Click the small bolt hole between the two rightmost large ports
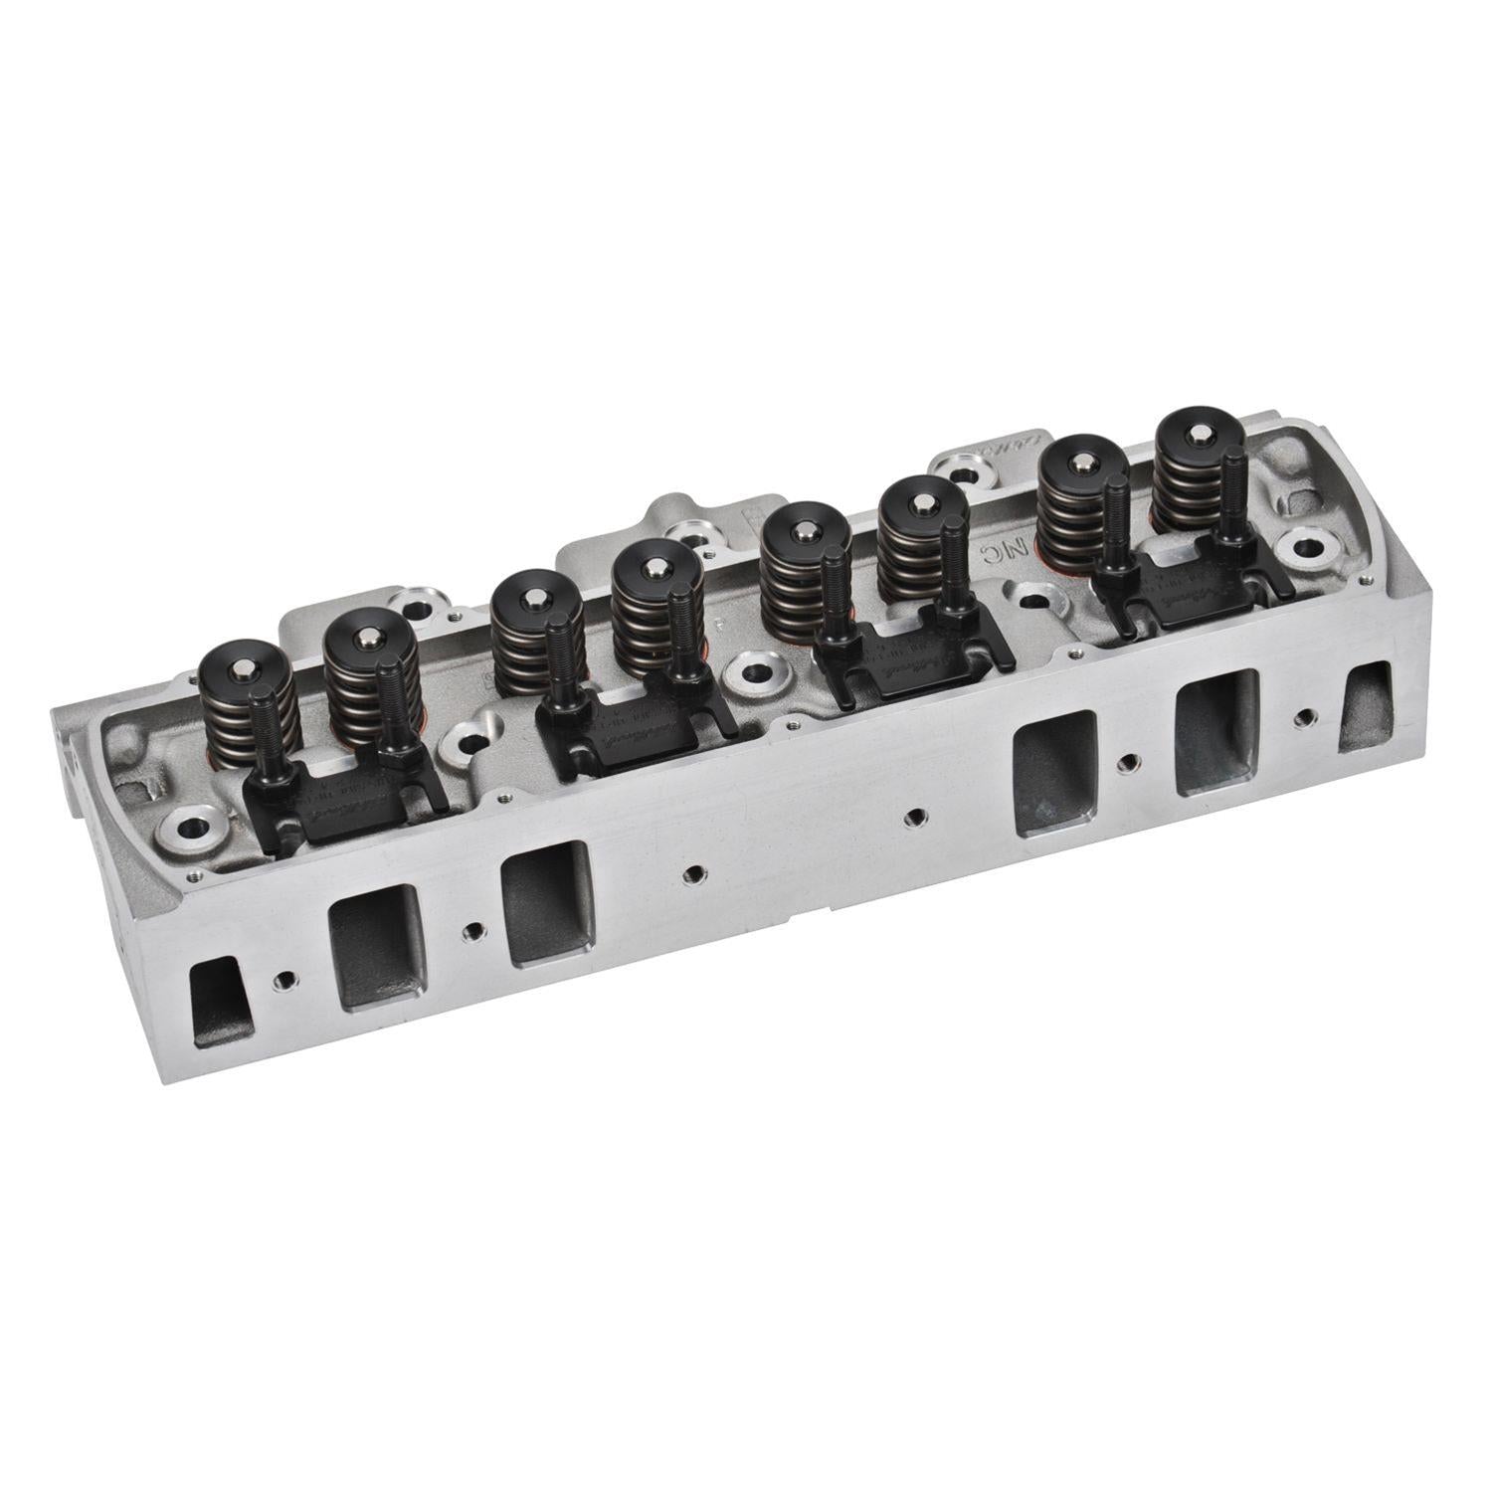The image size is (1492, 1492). [1125, 763]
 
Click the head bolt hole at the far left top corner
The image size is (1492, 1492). [190, 827]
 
